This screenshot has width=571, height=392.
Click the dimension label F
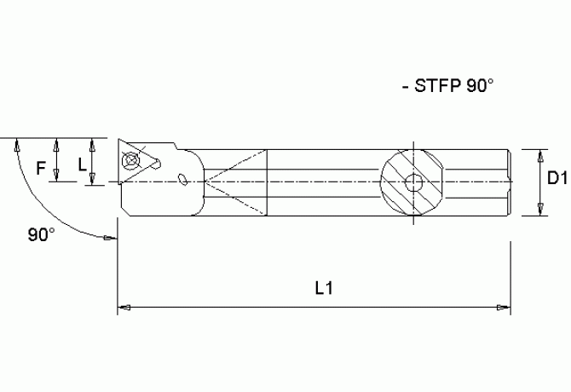[40, 168]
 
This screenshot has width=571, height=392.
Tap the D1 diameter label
[557, 178]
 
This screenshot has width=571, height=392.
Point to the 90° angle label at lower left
[41, 234]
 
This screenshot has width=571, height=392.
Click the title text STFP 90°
[451, 86]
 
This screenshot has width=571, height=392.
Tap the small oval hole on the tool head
[185, 178]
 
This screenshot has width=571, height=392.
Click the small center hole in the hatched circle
[413, 182]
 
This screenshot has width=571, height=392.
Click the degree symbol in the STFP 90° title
[490, 81]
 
